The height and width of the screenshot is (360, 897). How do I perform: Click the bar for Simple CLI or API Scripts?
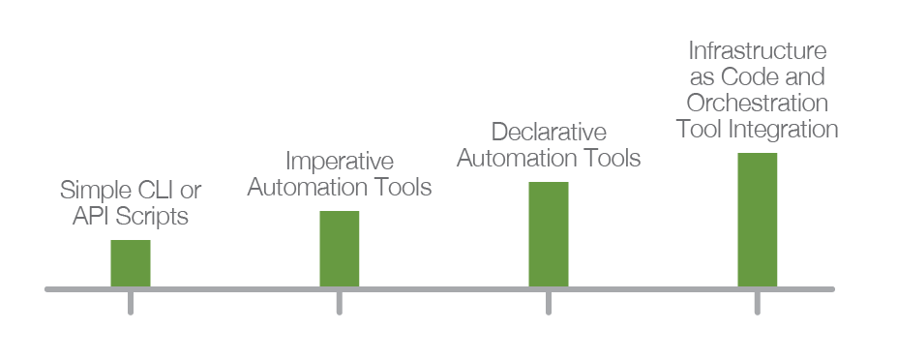point(131,263)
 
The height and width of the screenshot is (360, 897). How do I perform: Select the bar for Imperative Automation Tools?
point(340,249)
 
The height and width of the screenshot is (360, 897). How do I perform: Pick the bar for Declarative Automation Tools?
point(549,234)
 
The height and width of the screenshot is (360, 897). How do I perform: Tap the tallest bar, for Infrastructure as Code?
point(758,220)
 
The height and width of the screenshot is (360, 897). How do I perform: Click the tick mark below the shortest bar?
point(131,303)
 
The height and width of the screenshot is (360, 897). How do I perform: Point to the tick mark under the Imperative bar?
point(340,303)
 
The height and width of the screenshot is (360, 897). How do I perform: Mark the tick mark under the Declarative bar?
point(549,303)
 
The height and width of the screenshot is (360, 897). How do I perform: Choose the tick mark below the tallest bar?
point(758,303)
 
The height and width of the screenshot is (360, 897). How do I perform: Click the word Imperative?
point(340,162)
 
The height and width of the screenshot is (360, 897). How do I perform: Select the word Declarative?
point(549,133)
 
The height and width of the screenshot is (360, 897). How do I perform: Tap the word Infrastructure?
point(758,51)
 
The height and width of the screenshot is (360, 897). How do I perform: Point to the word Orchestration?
point(758,103)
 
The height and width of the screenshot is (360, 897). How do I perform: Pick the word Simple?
point(96,191)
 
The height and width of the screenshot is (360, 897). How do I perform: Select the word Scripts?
point(152,217)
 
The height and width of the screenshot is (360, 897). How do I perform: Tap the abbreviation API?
point(92,217)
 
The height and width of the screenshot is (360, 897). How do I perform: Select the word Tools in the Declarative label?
point(613,159)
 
